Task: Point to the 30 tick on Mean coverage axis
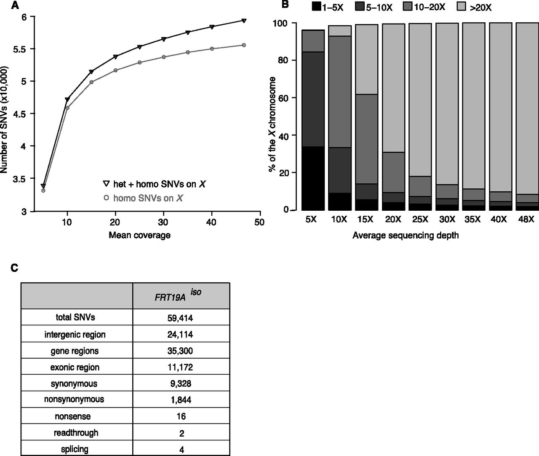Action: pos(164,222)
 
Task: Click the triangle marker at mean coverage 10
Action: pos(67,99)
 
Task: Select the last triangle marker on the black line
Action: pos(244,20)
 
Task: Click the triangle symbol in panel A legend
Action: pos(106,184)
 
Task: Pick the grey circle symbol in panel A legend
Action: pos(106,197)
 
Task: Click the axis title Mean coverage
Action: pos(139,235)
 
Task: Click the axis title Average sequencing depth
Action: pos(405,236)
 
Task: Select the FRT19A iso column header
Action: pos(181,296)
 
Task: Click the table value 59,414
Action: pos(181,318)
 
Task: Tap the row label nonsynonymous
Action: pos(74,399)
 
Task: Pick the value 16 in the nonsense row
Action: pos(181,416)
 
